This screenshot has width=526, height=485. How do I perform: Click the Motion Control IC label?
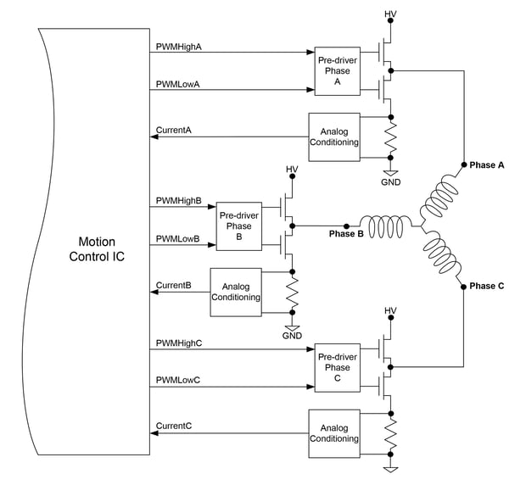point(97,249)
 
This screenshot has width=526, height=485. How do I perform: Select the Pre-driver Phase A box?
point(337,71)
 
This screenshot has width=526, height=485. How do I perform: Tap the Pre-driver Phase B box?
point(239,226)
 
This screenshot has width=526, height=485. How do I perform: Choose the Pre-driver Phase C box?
point(337,368)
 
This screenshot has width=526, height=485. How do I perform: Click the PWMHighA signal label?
point(179,47)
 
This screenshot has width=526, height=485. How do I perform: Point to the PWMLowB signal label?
point(178,238)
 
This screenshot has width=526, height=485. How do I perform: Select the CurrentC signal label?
point(174,426)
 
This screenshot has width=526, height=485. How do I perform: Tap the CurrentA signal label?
point(174,130)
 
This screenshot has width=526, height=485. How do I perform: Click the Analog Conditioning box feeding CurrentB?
point(236,293)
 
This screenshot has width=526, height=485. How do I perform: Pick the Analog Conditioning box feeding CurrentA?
point(334,137)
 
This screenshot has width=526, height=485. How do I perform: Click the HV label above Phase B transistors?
point(292,170)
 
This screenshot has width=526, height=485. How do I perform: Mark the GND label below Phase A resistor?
point(391,182)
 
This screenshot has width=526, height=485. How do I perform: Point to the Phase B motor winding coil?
point(385,226)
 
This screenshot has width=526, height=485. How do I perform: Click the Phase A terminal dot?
point(464,164)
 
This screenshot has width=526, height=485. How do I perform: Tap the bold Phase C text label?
point(487,286)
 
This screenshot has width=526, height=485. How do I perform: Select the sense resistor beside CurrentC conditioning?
point(390,434)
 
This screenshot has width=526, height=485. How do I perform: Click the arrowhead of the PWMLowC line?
point(311,387)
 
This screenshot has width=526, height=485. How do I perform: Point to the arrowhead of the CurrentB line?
point(154,292)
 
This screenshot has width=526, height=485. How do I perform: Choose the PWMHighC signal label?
point(179,343)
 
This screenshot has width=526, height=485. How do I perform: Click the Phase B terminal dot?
point(346,226)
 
